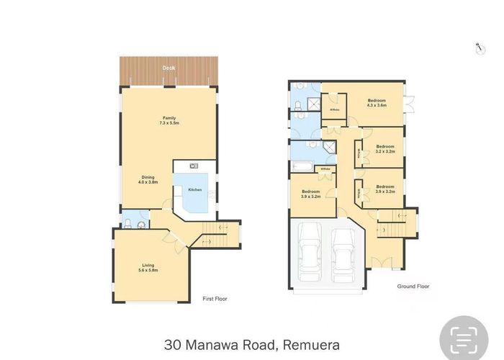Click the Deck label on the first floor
168,68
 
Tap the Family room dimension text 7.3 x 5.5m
168,123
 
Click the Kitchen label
195,189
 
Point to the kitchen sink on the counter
184,165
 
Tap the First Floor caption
215,297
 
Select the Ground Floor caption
413,287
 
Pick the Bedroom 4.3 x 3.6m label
377,102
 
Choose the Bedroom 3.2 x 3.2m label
385,148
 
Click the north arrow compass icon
478,48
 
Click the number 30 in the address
173,345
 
